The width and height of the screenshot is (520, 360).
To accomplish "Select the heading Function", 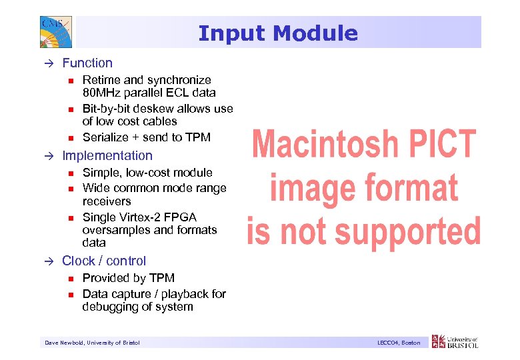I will (x=87, y=63).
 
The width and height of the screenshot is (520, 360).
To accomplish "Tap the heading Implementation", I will (x=107, y=156).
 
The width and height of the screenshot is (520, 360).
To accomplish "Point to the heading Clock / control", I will (x=104, y=261).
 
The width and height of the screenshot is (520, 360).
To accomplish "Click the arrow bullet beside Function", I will (x=49, y=63).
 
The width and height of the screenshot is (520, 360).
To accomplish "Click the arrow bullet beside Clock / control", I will (x=49, y=261).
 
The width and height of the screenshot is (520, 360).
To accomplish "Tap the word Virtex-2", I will (x=139, y=217).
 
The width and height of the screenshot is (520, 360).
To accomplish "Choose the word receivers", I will (x=107, y=201).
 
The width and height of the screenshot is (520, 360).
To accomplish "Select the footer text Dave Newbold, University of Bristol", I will (x=92, y=343).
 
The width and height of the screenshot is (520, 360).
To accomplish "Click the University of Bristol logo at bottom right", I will (x=455, y=342).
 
